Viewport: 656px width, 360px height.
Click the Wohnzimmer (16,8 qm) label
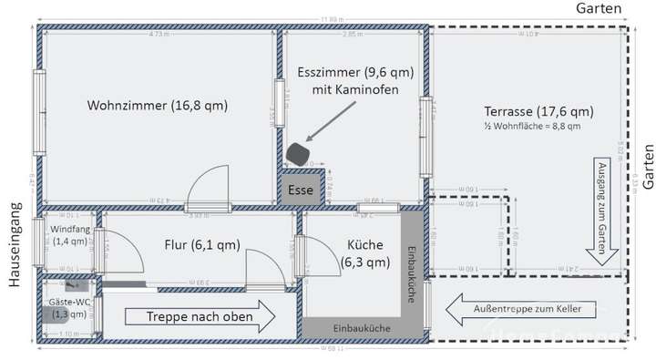[157, 107]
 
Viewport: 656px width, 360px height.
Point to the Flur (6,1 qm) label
[202, 244]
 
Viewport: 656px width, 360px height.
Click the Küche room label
[364, 253]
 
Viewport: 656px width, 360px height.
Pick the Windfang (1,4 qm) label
[71, 235]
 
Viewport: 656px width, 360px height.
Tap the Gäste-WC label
[69, 306]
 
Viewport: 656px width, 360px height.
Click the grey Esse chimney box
[301, 191]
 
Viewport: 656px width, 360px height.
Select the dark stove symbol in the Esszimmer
[298, 153]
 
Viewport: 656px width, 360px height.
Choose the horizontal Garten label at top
[599, 8]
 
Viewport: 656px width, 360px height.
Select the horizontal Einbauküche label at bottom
[363, 327]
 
